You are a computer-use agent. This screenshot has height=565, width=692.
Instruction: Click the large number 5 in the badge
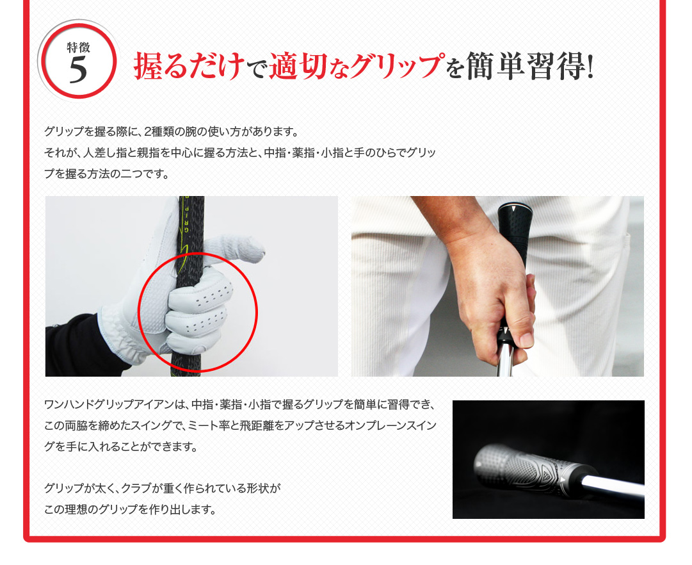(x=78, y=70)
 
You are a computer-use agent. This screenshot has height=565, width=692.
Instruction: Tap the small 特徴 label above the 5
(x=79, y=47)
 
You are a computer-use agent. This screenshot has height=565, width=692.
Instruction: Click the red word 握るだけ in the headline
(x=189, y=66)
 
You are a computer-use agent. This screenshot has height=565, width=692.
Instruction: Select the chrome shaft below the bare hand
(x=506, y=360)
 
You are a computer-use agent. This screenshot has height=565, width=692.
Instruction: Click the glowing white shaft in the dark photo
(x=613, y=487)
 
